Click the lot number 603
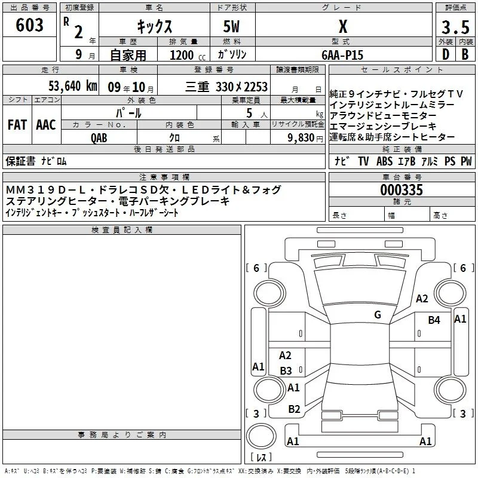pos(29,24)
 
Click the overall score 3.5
pos(455,27)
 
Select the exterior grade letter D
pos(446,54)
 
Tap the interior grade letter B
pos(465,54)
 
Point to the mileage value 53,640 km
pos(73,86)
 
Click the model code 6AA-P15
pos(342,55)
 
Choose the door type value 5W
pos(231,26)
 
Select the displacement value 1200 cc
pos(188,55)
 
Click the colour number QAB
pos(99,138)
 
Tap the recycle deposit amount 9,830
pos(301,138)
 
